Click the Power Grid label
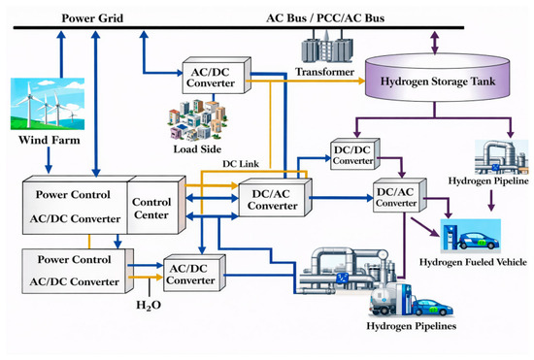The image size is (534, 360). (x=92, y=18)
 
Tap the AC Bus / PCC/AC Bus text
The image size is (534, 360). (x=325, y=18)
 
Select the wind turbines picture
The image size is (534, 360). (x=48, y=104)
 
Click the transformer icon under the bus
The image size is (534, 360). (x=327, y=47)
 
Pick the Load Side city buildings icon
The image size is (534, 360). (x=197, y=119)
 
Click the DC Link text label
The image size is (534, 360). (x=241, y=164)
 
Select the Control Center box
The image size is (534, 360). (x=156, y=205)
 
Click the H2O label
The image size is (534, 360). (x=149, y=306)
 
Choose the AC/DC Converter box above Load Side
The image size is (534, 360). (x=217, y=76)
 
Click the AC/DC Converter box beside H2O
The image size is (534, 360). (x=194, y=274)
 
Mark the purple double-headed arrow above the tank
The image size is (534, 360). (x=435, y=43)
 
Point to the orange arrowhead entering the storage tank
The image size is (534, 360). (x=361, y=81)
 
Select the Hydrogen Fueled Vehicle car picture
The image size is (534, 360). (x=471, y=236)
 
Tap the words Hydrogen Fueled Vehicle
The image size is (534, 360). (x=473, y=262)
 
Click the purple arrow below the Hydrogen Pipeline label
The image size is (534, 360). (x=490, y=201)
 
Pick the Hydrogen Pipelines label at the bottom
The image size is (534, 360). (x=412, y=326)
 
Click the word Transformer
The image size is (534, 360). (x=324, y=72)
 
